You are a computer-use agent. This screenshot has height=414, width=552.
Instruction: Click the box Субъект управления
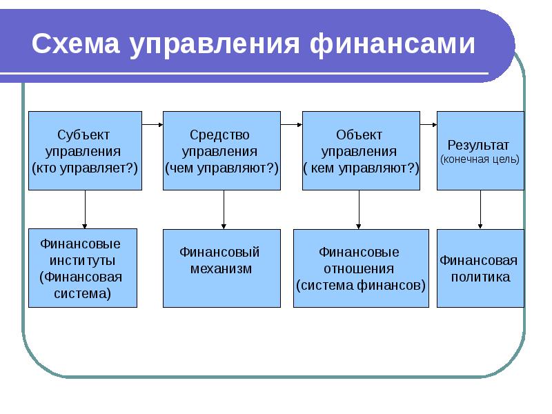[x=85, y=150]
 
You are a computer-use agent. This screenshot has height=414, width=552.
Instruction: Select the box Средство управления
[x=221, y=150]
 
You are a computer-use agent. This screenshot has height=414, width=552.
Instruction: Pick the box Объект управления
[x=360, y=150]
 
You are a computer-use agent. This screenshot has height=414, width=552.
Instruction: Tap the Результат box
[x=480, y=150]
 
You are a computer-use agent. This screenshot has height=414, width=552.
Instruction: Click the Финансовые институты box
[x=83, y=268]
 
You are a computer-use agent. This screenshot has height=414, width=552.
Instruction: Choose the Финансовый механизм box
[x=221, y=268]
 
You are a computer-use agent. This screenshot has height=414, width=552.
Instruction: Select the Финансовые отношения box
[x=360, y=268]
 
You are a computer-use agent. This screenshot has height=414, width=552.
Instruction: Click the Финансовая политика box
[x=480, y=268]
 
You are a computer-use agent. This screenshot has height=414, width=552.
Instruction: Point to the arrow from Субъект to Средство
[x=152, y=125]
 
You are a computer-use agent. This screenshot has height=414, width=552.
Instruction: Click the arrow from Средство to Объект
[x=291, y=125]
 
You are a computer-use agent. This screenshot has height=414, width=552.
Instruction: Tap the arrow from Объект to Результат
[x=428, y=125]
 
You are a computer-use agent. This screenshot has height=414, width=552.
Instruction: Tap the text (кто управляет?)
[x=85, y=168]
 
